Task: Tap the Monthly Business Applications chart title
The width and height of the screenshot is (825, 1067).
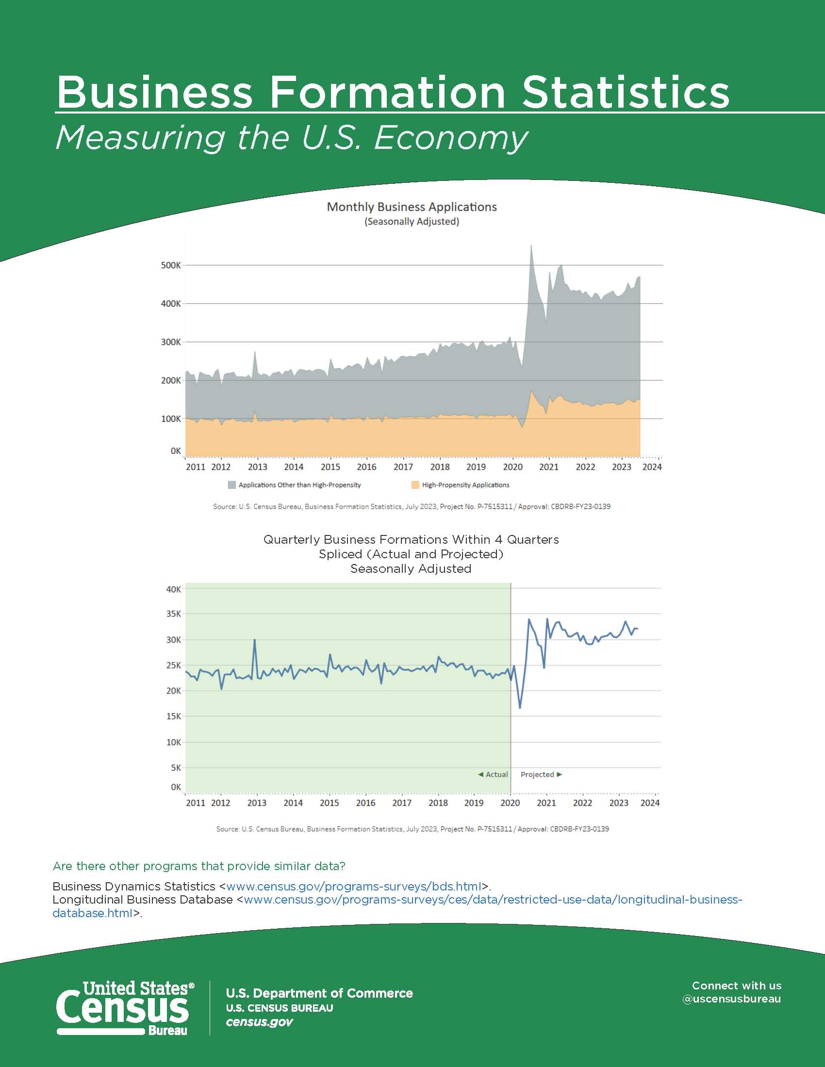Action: [x=412, y=207]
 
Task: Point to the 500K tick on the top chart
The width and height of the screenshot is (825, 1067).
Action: [x=170, y=265]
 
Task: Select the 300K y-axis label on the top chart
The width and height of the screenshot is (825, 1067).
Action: [x=170, y=342]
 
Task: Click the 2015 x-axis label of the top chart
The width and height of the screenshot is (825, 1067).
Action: [x=330, y=467]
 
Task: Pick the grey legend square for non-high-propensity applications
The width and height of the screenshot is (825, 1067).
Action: [x=231, y=485]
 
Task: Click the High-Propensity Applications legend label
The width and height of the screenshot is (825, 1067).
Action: [x=466, y=485]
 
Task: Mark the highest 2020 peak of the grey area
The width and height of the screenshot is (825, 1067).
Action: [x=531, y=246]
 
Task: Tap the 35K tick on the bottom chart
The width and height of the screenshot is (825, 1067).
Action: [x=174, y=614]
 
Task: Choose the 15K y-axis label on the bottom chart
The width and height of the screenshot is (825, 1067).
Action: [x=174, y=716]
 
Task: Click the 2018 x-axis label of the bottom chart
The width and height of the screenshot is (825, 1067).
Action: [x=438, y=803]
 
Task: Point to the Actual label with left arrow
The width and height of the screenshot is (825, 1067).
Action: [x=493, y=775]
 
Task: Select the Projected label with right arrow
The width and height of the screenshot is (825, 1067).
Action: [x=542, y=775]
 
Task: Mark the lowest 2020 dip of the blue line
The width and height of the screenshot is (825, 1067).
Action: [x=520, y=708]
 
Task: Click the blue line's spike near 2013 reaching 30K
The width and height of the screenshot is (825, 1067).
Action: [x=255, y=640]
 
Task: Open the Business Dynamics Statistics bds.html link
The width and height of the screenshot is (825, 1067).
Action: [x=354, y=886]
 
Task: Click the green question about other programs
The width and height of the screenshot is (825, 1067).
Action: [x=199, y=866]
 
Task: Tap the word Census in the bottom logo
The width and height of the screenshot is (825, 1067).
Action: [x=122, y=1008]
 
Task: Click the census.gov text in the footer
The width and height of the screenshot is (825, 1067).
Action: [x=259, y=1022]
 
